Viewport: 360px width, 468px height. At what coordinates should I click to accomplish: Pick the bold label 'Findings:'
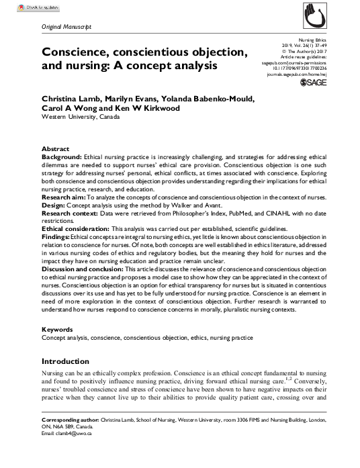(56, 237)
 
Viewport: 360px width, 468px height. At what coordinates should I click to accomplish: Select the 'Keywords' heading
(57, 330)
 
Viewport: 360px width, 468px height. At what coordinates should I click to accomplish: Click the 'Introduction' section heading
(65, 361)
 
